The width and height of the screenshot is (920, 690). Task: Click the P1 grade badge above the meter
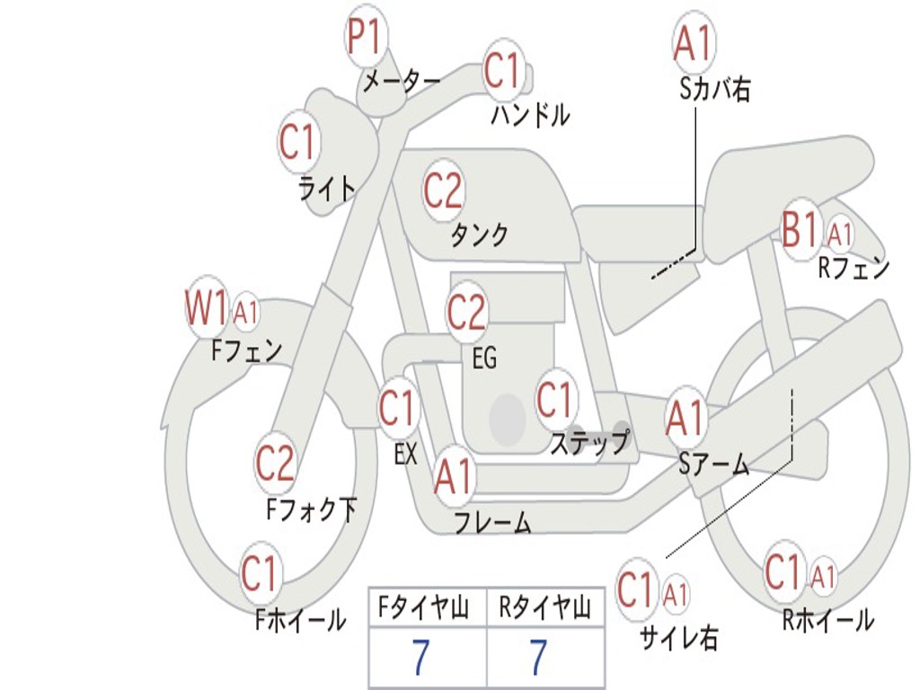tap(367, 35)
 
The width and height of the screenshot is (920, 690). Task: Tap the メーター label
tap(402, 82)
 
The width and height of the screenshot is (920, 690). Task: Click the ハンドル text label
tap(530, 114)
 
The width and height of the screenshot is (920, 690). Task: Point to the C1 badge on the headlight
tap(298, 141)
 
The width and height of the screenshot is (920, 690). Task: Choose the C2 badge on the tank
tap(444, 190)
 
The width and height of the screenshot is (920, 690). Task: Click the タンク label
tap(479, 234)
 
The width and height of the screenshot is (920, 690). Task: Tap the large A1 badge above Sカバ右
tap(694, 42)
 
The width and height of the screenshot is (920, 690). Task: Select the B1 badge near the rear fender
tap(800, 227)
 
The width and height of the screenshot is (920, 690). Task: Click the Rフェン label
tap(854, 268)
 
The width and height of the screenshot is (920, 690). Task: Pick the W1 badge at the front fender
tap(206, 307)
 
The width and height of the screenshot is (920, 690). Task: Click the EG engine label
tap(484, 358)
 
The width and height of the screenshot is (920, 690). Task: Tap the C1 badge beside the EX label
tap(399, 407)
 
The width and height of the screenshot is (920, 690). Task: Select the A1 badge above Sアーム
tap(686, 418)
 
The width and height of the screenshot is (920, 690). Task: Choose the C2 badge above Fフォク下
tap(275, 463)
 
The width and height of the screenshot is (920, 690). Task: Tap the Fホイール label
tap(300, 620)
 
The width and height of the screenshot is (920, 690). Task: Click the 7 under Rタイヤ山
tap(539, 657)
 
